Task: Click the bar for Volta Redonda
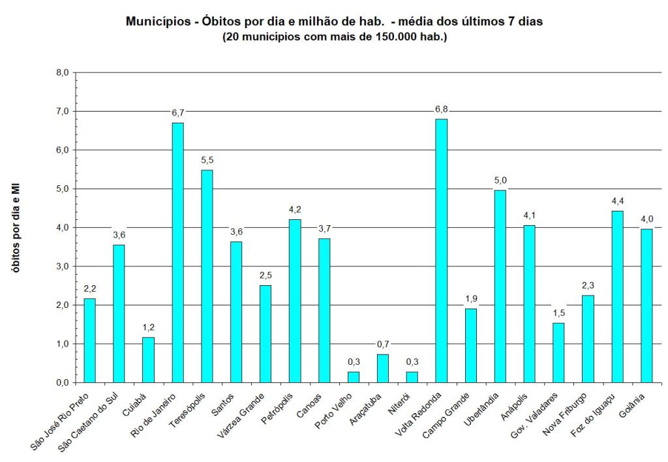(x=442, y=251)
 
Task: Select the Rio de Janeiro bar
(x=177, y=253)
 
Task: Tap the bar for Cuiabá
(x=148, y=360)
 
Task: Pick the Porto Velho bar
(x=354, y=377)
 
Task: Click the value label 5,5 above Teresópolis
(x=207, y=161)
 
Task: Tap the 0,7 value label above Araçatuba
(x=383, y=345)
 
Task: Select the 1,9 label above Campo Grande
(x=471, y=299)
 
